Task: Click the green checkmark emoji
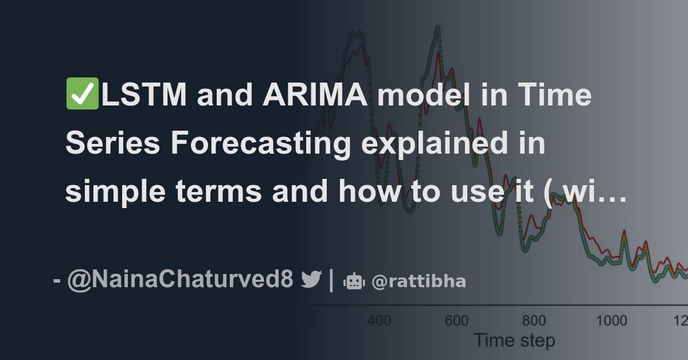83,95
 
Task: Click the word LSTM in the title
144,95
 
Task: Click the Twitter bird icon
312,280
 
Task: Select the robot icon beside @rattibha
354,281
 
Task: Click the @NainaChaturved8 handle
181,280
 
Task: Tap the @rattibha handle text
419,281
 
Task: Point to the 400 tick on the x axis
380,320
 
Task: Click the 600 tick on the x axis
456,320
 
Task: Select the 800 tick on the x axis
534,320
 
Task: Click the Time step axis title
514,341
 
